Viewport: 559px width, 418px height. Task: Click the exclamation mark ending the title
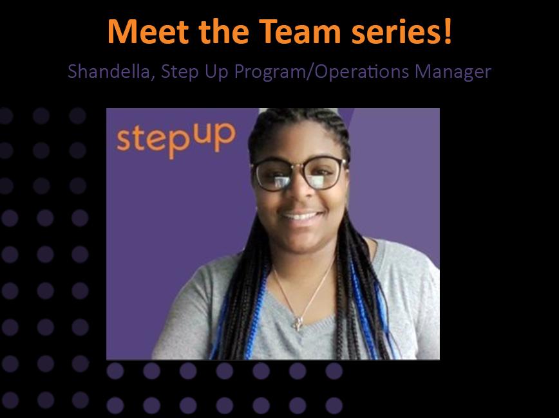pos(447,31)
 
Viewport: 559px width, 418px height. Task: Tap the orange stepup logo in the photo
pos(176,138)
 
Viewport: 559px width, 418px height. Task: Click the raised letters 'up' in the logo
pos(218,131)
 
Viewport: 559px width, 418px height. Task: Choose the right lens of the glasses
pos(325,173)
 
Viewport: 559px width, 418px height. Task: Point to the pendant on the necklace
pos(298,322)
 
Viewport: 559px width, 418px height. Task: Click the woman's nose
pos(299,193)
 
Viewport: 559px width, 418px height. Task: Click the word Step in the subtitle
pos(176,71)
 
